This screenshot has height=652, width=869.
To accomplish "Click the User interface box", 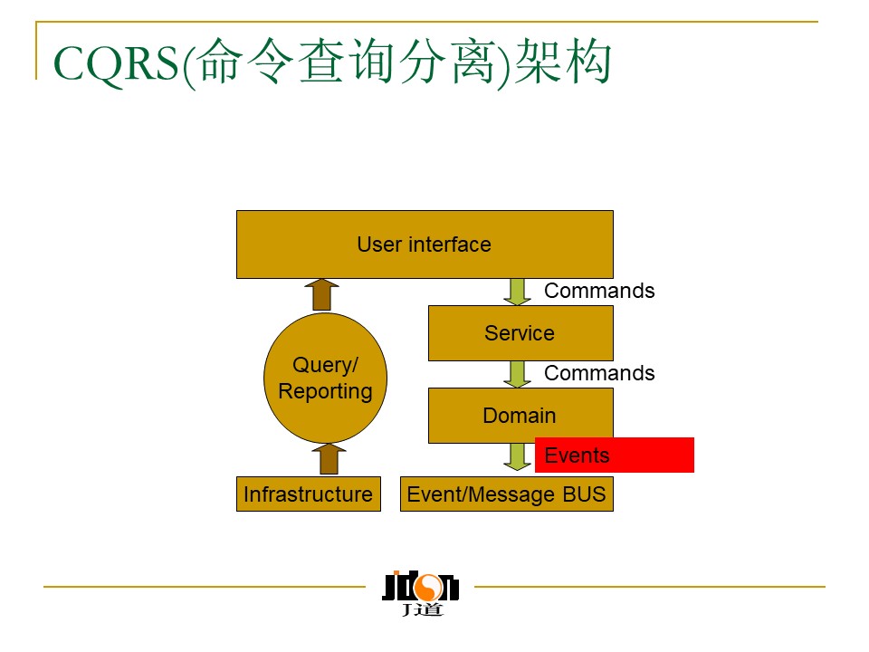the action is [425, 244].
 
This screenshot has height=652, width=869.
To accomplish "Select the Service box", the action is [520, 333].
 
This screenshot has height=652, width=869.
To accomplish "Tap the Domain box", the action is [520, 416].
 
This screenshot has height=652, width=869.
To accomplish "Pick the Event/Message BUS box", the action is [506, 494].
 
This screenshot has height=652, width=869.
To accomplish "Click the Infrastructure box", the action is [308, 494].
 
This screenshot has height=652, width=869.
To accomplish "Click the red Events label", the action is [614, 455].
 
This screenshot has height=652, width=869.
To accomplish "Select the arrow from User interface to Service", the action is [519, 292].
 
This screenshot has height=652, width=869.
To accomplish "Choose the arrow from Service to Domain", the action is [519, 374].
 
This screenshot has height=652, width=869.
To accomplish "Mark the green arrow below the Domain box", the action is [518, 456].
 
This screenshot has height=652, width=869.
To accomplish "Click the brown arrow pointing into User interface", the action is [320, 294].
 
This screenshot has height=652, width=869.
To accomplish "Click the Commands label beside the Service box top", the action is [599, 291].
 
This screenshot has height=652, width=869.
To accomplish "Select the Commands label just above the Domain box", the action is [599, 373].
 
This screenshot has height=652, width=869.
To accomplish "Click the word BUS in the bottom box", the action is [583, 494].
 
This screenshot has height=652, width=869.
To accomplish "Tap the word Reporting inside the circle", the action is [325, 391].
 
